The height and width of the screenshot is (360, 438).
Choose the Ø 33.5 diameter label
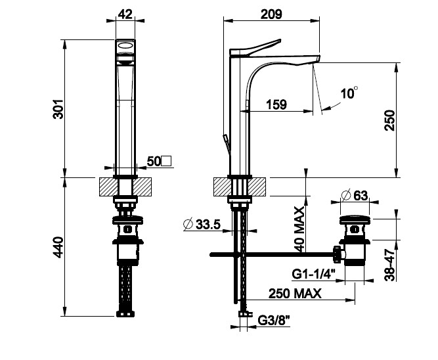[200, 224]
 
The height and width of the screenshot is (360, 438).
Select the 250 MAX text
[294, 293]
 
